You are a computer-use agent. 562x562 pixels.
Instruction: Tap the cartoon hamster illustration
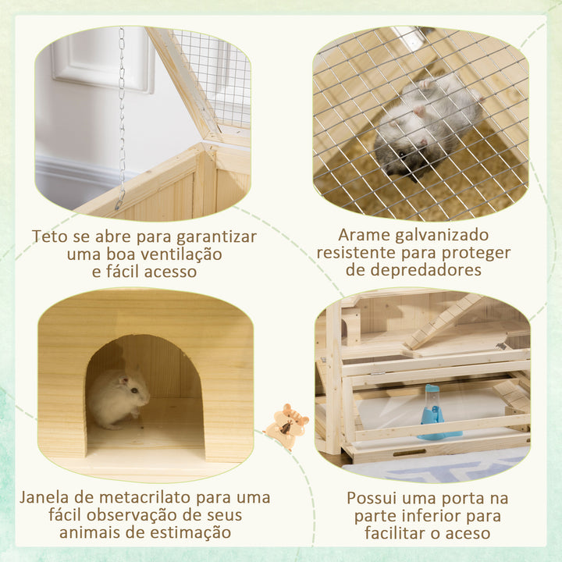(286, 425)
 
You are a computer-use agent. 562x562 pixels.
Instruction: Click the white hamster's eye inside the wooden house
(133, 390)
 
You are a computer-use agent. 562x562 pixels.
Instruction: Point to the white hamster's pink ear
(123, 379)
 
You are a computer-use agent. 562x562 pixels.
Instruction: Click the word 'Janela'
(45, 497)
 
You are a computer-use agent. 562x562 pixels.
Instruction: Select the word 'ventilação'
(181, 254)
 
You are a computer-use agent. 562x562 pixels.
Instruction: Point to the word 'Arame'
(365, 236)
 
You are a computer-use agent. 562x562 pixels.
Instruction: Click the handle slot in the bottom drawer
(409, 453)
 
